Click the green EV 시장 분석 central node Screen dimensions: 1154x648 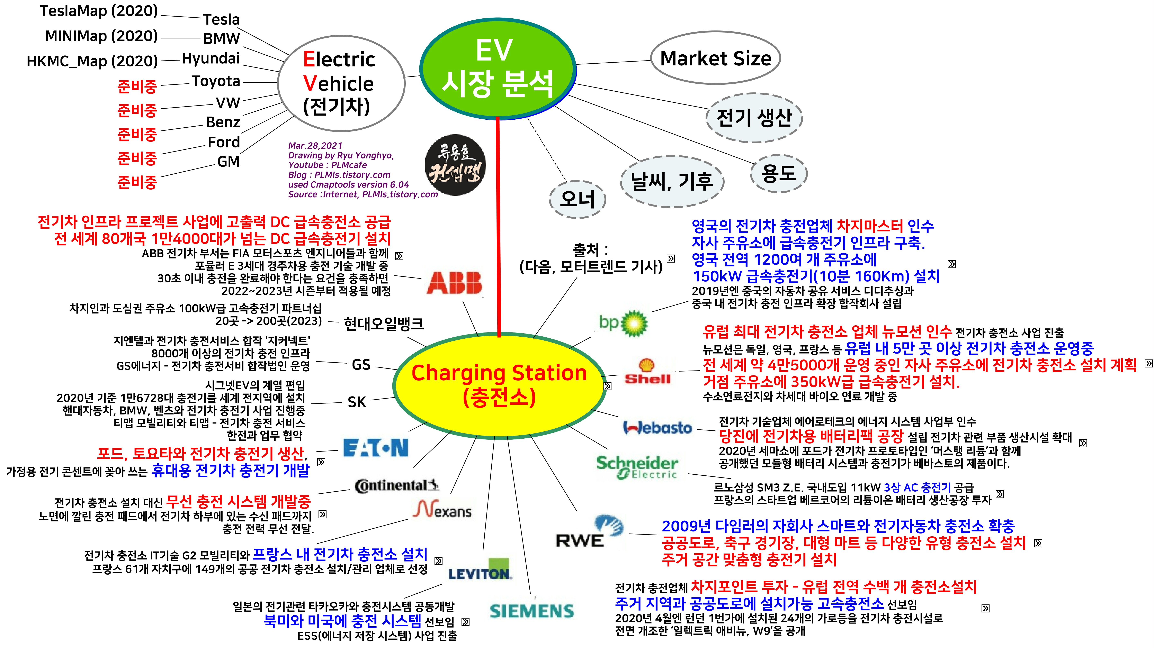pos(497,69)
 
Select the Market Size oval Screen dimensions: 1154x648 pos(715,58)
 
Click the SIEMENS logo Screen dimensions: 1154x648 pos(532,611)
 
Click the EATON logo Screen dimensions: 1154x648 pos(375,448)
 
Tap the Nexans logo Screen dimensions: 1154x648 pos(443,510)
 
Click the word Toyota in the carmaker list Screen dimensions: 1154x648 pos(216,81)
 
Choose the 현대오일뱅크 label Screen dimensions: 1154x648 pos(383,323)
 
